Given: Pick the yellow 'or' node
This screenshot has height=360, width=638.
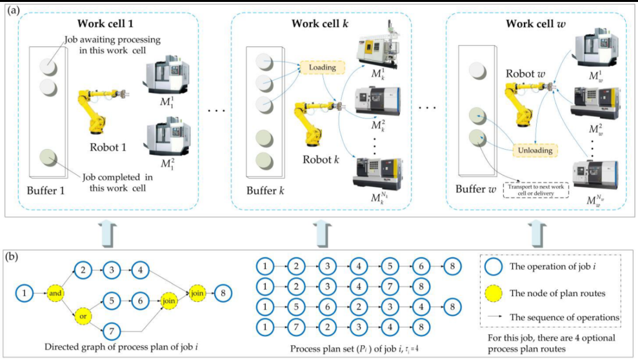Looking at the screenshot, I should [83, 317].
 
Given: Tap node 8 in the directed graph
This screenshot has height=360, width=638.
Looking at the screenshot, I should [222, 293].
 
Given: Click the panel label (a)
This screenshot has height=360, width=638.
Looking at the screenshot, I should [12, 11].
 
